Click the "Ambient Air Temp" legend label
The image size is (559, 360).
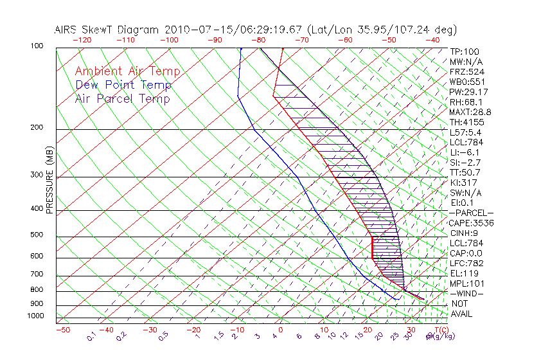[x=127, y=71]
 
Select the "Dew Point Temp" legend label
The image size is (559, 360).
[x=123, y=85]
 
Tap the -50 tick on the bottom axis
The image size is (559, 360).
[x=62, y=330]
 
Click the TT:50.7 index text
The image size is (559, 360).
[x=465, y=172]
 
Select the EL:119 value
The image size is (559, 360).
[x=463, y=273]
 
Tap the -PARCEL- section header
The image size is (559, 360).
[x=471, y=213]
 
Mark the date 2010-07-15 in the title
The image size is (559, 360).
[x=195, y=30]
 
